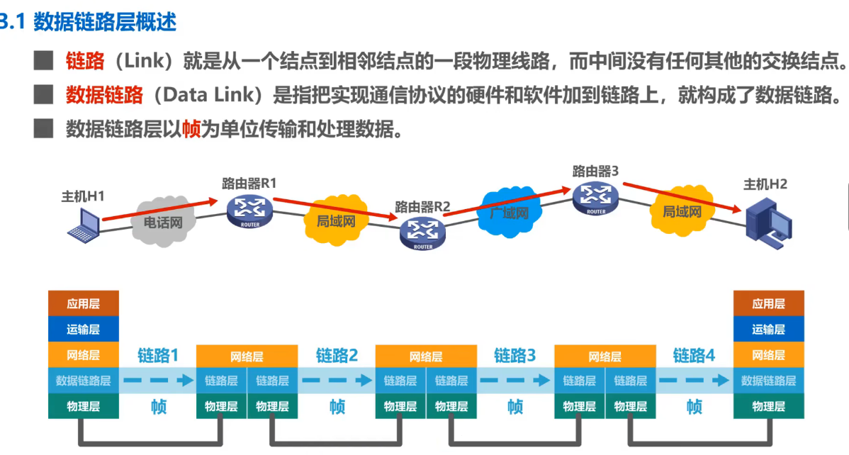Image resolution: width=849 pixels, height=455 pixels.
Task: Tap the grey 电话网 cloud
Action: coord(162,222)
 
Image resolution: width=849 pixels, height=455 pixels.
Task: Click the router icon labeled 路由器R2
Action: coord(423,232)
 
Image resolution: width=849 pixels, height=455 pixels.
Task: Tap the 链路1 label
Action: coord(158,355)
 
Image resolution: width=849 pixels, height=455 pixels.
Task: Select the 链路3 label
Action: coord(515,355)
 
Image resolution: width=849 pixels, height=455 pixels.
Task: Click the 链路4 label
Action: coord(694,355)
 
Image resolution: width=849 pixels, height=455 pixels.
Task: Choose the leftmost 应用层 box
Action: coord(83,304)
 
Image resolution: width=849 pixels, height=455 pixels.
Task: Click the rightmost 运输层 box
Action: coord(768,330)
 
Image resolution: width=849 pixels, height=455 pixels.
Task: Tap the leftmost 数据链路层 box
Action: coord(83,381)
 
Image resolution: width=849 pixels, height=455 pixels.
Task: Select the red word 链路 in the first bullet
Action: coord(85,61)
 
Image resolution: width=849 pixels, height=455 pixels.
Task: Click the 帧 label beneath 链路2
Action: coord(337,407)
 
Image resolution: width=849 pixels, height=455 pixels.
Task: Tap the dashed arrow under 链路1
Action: coord(158,381)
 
